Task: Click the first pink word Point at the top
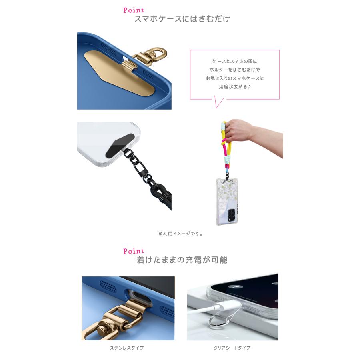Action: [x=133, y=10]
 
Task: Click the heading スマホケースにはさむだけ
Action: [x=182, y=19]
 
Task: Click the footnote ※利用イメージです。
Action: [x=180, y=234]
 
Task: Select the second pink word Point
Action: [x=133, y=251]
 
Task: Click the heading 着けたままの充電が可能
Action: [x=182, y=260]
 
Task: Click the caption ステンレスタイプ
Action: [x=127, y=348]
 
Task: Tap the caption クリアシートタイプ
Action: [x=232, y=348]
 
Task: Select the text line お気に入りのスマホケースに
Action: [x=235, y=78]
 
